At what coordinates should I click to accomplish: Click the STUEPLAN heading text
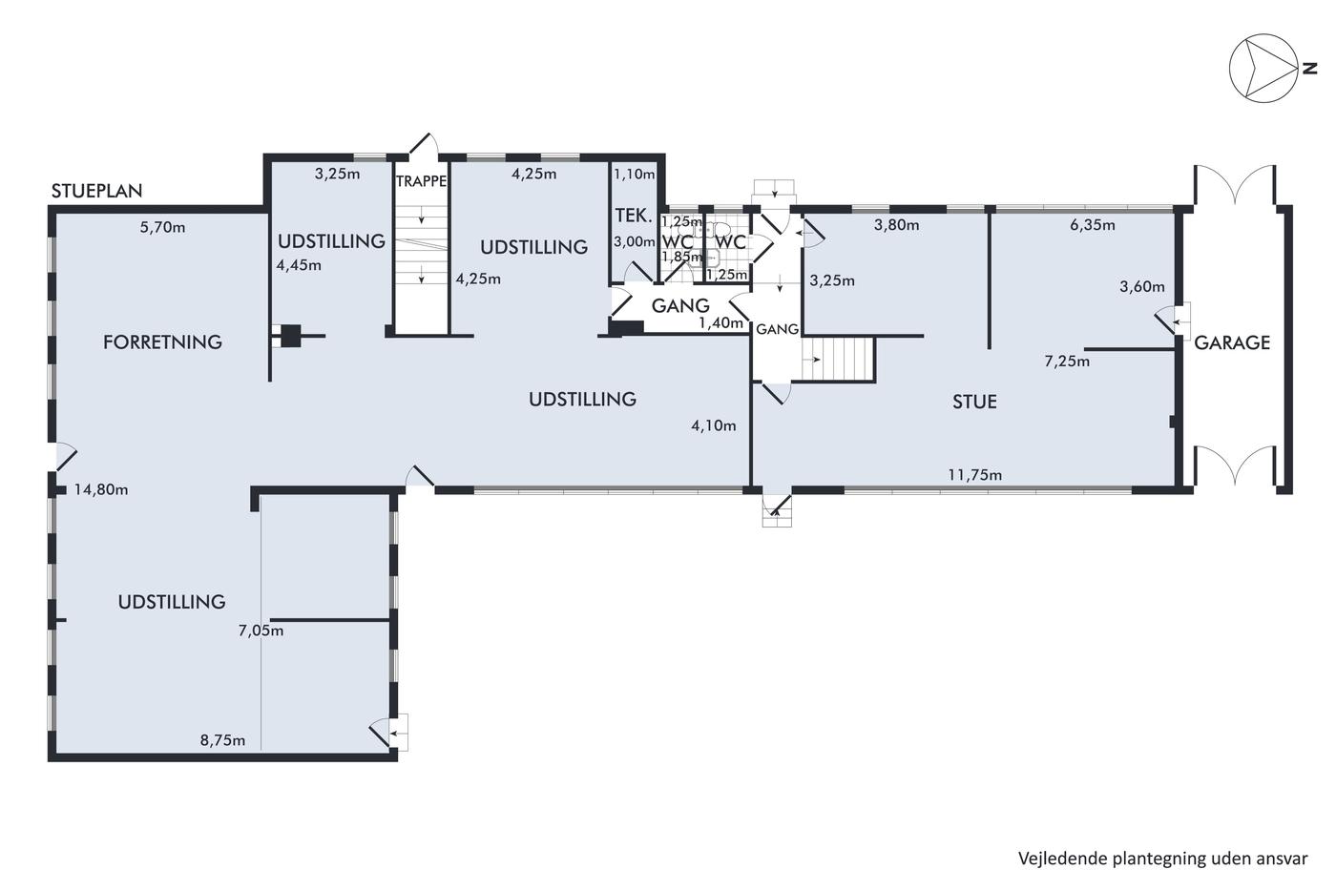pyautogui.click(x=96, y=191)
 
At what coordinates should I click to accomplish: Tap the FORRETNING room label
pyautogui.click(x=162, y=342)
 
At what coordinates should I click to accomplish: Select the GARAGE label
pyautogui.click(x=1232, y=342)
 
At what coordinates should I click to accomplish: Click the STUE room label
pyautogui.click(x=974, y=402)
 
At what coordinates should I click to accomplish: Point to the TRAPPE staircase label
pyautogui.click(x=421, y=181)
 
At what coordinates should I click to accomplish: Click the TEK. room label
pyautogui.click(x=634, y=216)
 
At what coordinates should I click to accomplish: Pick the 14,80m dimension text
pyautogui.click(x=101, y=490)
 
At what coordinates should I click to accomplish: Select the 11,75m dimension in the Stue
pyautogui.click(x=975, y=475)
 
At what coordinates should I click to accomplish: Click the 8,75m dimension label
pyautogui.click(x=222, y=741)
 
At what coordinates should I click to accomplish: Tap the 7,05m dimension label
pyautogui.click(x=261, y=631)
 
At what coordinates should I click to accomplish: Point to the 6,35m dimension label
pyautogui.click(x=1092, y=225)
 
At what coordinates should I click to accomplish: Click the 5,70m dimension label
pyautogui.click(x=162, y=228)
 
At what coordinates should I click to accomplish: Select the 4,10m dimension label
pyautogui.click(x=714, y=425)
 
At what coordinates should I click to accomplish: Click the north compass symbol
pyautogui.click(x=1263, y=68)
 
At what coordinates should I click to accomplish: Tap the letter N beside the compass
pyautogui.click(x=1309, y=69)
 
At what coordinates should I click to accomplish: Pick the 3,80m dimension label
pyautogui.click(x=896, y=225)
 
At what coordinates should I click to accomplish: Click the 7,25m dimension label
pyautogui.click(x=1067, y=362)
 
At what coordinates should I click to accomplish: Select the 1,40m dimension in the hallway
pyautogui.click(x=721, y=323)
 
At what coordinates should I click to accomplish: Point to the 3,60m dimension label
pyautogui.click(x=1142, y=287)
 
